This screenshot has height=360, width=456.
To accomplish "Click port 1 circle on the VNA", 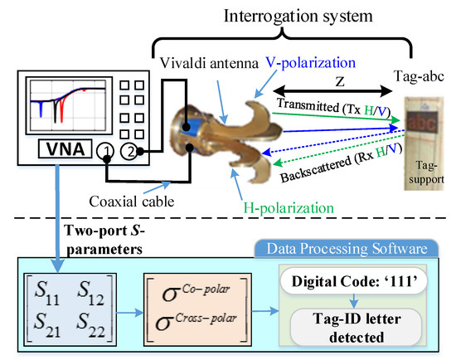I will click(105, 151).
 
